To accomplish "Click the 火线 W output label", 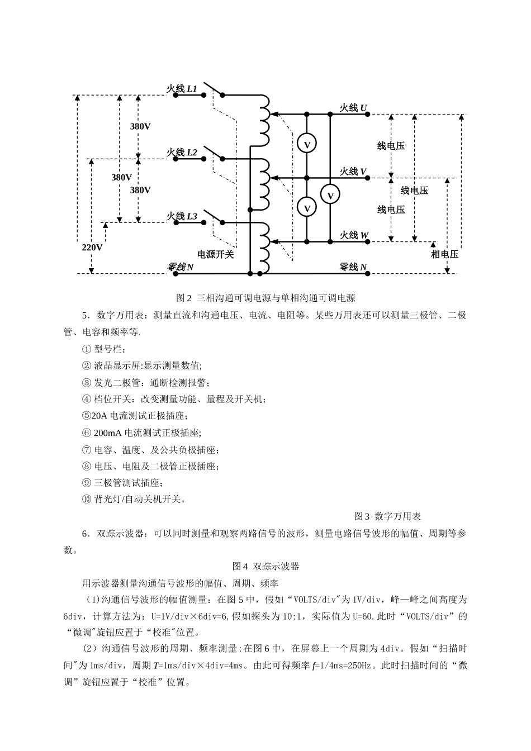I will (354, 235).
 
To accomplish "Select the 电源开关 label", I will (215, 254).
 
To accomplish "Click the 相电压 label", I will (444, 254).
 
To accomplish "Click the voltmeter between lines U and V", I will (306, 144).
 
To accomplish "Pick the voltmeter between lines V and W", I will (306, 207).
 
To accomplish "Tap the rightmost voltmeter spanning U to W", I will (330, 195).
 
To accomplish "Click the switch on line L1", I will (213, 90).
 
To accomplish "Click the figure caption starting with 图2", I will (265, 298).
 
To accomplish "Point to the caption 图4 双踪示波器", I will (265, 566).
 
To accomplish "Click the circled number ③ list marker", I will (86, 383).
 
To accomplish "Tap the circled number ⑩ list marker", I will (86, 499).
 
